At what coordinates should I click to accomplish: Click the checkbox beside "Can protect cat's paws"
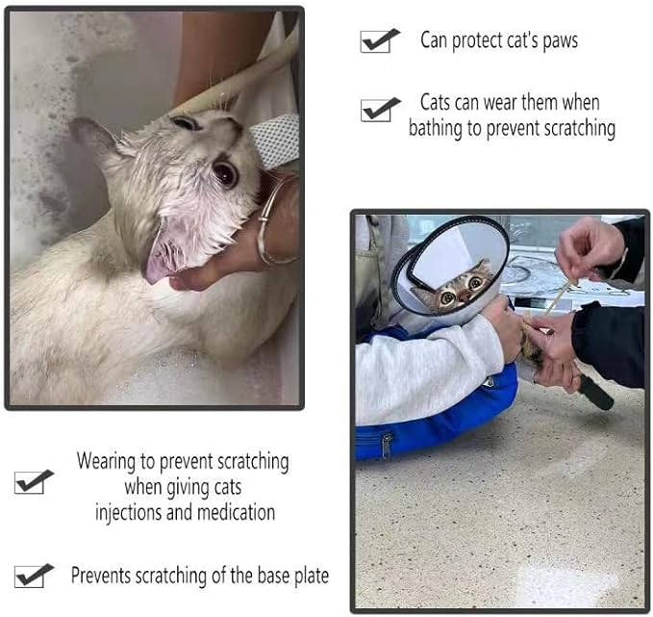tap(375, 41)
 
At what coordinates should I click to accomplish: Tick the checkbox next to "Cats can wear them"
tap(376, 111)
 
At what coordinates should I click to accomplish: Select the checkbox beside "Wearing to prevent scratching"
tap(29, 483)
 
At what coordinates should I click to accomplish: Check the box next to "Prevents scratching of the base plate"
tap(29, 577)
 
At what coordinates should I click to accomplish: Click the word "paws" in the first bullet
tap(560, 41)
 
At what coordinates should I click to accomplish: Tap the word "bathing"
tap(435, 128)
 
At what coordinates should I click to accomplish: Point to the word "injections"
tap(128, 513)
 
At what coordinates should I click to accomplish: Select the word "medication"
tap(236, 512)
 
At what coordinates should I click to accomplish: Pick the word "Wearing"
tap(106, 462)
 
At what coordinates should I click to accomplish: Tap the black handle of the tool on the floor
tap(596, 393)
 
